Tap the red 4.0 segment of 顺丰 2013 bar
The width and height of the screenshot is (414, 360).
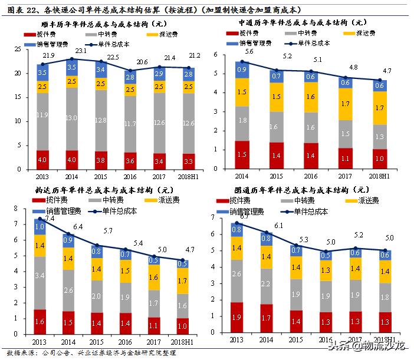click(x=42, y=160)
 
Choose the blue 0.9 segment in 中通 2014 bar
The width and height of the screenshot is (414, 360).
click(x=242, y=70)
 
